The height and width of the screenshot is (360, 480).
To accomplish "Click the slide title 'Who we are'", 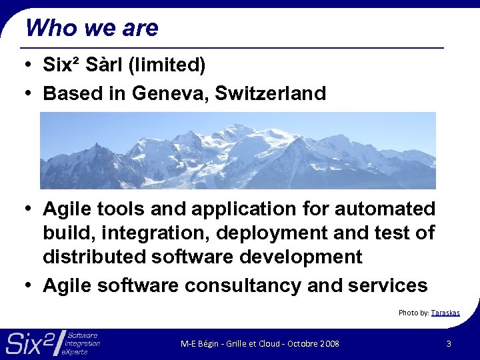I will (91, 28).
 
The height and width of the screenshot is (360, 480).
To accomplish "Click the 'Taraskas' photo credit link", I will (445, 313).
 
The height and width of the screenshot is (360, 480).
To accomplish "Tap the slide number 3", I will (449, 343).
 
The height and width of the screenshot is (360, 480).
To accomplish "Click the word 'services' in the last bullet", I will (388, 285).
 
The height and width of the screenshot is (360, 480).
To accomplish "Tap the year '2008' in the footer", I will (329, 343).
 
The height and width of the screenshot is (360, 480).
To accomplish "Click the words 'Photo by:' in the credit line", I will (413, 313).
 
